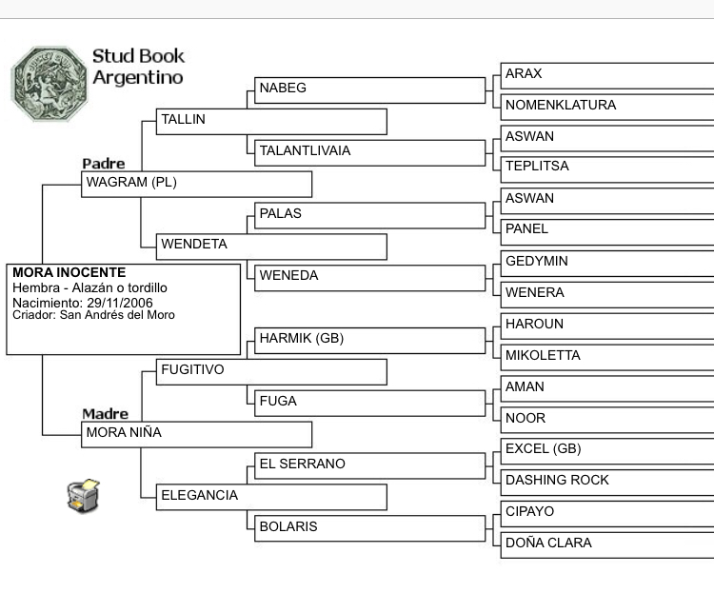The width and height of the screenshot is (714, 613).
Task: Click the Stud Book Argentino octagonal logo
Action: pyautogui.click(x=49, y=83)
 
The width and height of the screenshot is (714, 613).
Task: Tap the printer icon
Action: pyautogui.click(x=83, y=495)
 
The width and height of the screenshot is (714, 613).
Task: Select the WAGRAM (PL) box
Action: pyautogui.click(x=196, y=183)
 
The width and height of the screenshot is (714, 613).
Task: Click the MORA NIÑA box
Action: pyautogui.click(x=196, y=433)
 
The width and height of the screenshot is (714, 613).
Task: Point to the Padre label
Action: pyautogui.click(x=103, y=164)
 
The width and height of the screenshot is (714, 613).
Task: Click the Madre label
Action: pyautogui.click(x=105, y=414)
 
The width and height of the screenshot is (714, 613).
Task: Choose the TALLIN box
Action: pyautogui.click(x=271, y=121)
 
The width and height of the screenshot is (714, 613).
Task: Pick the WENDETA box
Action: pyautogui.click(x=271, y=246)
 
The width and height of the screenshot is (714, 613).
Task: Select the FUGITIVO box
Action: pyautogui.click(x=271, y=371)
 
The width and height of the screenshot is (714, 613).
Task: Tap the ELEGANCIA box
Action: pyautogui.click(x=271, y=496)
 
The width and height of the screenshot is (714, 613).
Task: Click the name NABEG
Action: pyautogui.click(x=283, y=89)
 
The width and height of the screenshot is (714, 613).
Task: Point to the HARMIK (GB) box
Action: pyautogui.click(x=369, y=339)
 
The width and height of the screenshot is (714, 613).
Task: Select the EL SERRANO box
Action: pyautogui.click(x=369, y=465)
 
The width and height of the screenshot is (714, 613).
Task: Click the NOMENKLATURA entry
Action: pyautogui.click(x=561, y=105)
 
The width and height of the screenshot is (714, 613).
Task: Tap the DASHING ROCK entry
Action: pyautogui.click(x=557, y=480)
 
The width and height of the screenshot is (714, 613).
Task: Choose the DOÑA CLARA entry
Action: pyautogui.click(x=548, y=543)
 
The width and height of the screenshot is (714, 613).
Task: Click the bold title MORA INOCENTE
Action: pyautogui.click(x=69, y=272)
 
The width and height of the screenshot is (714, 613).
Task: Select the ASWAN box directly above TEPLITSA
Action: pyautogui.click(x=606, y=137)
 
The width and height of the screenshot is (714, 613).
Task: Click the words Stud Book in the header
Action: pyautogui.click(x=138, y=56)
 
